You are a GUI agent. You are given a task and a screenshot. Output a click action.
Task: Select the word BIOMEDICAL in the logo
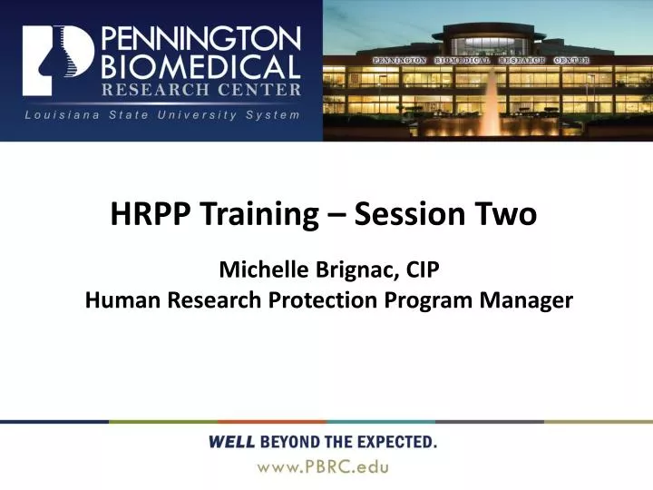point(200,66)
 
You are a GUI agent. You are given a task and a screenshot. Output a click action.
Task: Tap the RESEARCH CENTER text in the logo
point(200,89)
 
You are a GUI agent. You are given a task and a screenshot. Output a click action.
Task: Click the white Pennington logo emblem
point(57,61)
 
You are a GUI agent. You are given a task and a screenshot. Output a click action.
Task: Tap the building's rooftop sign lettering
point(481,60)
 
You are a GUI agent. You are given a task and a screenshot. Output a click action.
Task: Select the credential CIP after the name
point(421,270)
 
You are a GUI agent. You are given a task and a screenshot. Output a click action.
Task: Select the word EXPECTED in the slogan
point(394,443)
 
